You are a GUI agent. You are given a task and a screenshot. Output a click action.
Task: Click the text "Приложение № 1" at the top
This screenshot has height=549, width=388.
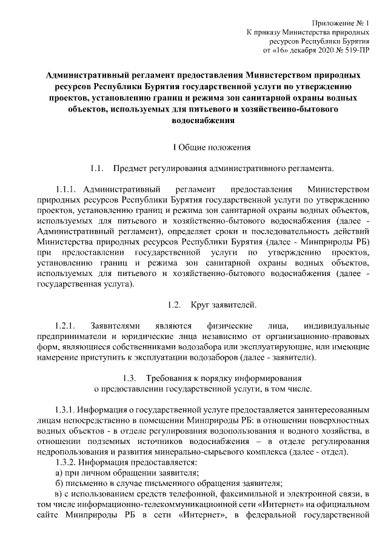pyautogui.click(x=342, y=19)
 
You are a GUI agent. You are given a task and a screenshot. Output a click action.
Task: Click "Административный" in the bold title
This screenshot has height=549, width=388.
pyautogui.click(x=89, y=76)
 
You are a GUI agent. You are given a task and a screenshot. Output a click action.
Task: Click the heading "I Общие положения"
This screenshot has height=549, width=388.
pyautogui.click(x=194, y=147)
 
